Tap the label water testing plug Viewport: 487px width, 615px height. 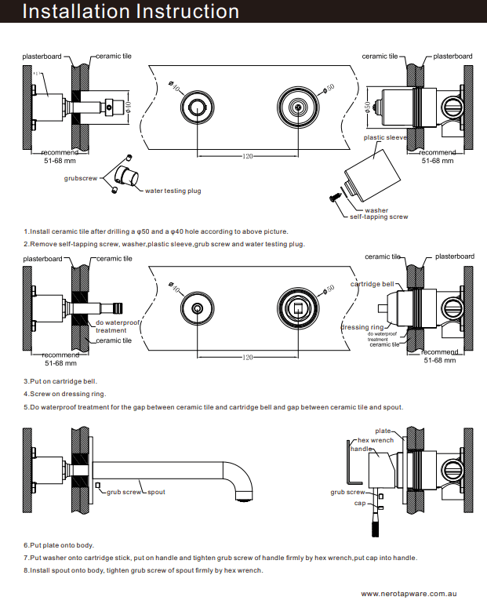173,191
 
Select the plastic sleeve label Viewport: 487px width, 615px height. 385,137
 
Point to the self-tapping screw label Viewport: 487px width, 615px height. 379,217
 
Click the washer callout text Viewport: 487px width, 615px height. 376,209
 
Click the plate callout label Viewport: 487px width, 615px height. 383,431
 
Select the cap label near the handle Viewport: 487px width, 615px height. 359,503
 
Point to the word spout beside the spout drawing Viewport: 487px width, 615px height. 156,492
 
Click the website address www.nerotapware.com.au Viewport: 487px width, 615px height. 409,595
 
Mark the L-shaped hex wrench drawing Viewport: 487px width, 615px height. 353,467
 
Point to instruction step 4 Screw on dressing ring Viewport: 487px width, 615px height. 64,394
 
